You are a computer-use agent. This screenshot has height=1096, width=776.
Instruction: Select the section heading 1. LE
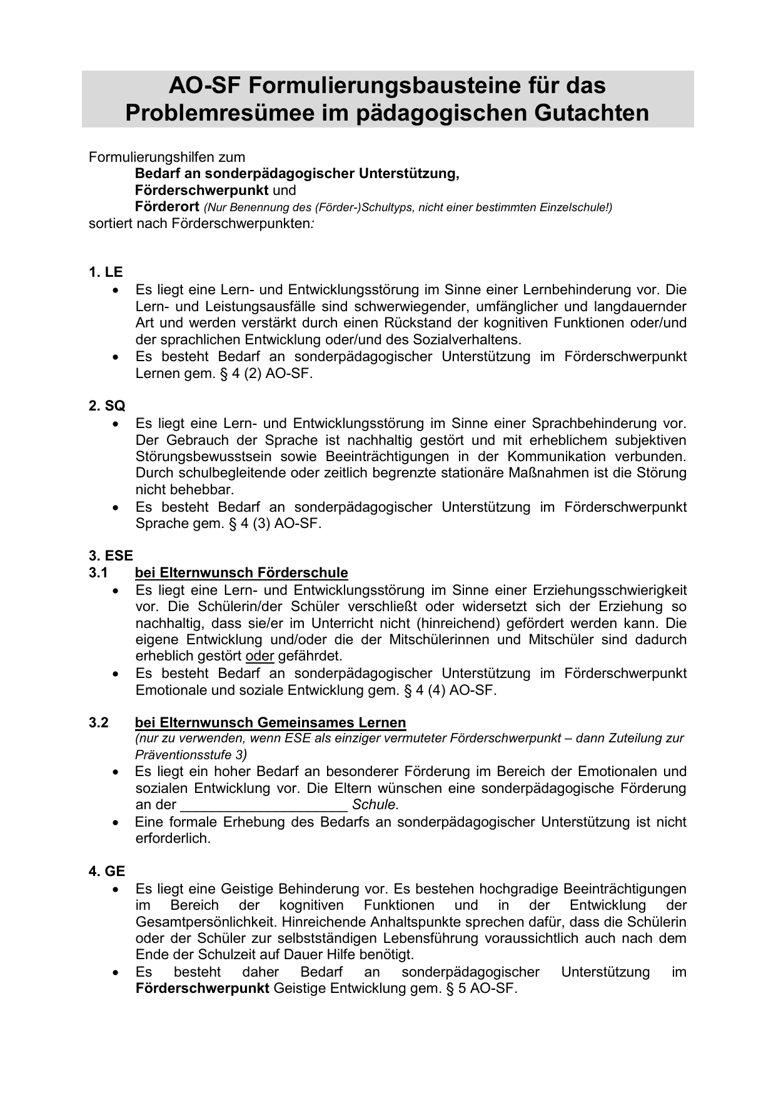(106, 272)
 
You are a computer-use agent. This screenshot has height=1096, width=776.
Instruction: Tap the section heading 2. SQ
(107, 406)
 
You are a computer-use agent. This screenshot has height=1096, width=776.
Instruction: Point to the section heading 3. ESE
(111, 556)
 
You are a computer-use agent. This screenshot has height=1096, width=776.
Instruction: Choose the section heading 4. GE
(107, 872)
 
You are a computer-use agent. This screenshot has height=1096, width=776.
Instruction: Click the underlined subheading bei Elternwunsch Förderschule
(241, 573)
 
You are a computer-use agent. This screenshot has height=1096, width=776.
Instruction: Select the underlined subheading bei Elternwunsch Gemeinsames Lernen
(270, 723)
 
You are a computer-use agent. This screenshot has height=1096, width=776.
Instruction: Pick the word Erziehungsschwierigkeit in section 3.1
(610, 590)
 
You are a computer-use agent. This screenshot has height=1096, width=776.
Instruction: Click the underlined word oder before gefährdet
(260, 657)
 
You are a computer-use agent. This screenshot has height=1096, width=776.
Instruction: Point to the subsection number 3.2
(98, 723)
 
